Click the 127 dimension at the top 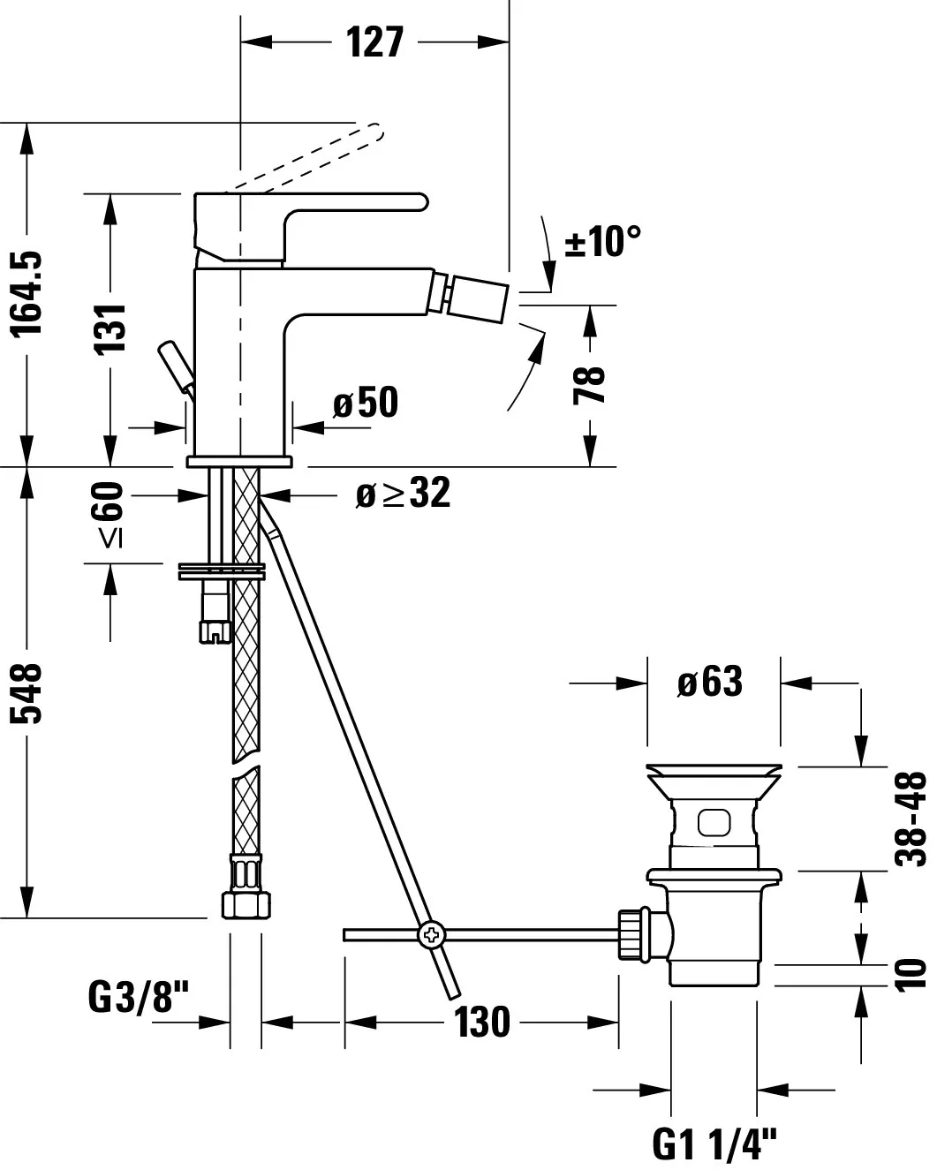click(375, 42)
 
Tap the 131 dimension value click(111, 328)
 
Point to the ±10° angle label click(602, 240)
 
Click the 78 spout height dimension click(590, 385)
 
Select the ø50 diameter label click(366, 404)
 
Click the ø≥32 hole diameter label click(403, 494)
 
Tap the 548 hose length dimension click(29, 693)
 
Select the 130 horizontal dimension click(482, 1023)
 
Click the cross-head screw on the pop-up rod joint click(432, 934)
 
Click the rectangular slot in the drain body click(713, 822)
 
